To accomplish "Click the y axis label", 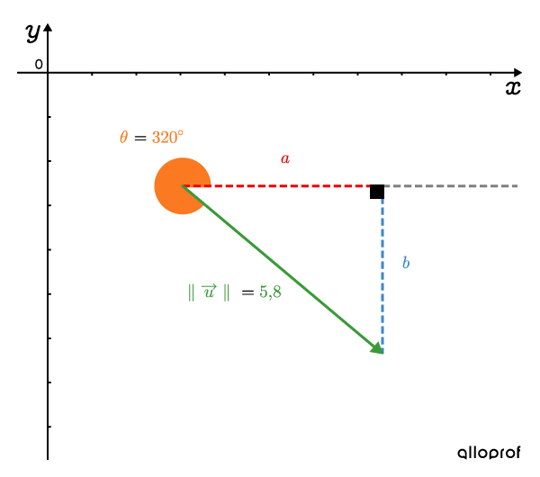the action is pyautogui.click(x=33, y=33).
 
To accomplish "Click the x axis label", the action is pyautogui.click(x=513, y=87).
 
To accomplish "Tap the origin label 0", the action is pyautogui.click(x=39, y=64).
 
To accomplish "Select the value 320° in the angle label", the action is pyautogui.click(x=167, y=137).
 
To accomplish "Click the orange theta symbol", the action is pyautogui.click(x=123, y=137).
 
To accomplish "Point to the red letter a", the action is pyautogui.click(x=285, y=158).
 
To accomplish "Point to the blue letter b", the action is pyautogui.click(x=406, y=263).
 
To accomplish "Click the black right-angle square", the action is pyautogui.click(x=377, y=192).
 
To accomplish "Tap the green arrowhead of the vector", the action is pyautogui.click(x=377, y=348).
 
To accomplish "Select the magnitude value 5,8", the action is pyautogui.click(x=270, y=292).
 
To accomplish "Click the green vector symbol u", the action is pyautogui.click(x=210, y=291).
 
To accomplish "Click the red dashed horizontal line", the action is pyautogui.click(x=276, y=186).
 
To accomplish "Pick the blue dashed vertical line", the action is pyautogui.click(x=382, y=276).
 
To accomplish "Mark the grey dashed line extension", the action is pyautogui.click(x=451, y=186).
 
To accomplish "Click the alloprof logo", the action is pyautogui.click(x=489, y=453).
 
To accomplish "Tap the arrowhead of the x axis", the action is pyautogui.click(x=517, y=73).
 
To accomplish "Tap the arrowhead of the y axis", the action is pyautogui.click(x=48, y=28).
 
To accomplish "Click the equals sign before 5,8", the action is pyautogui.click(x=247, y=292).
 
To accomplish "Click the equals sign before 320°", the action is pyautogui.click(x=140, y=138).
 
